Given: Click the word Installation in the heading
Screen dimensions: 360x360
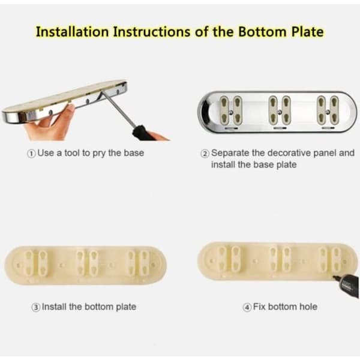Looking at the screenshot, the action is tap(73, 31).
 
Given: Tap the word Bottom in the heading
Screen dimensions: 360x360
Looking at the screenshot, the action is tap(262, 31).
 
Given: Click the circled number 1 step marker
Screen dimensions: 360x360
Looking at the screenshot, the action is tap(31, 154).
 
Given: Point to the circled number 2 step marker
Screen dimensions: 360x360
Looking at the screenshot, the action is tap(205, 154).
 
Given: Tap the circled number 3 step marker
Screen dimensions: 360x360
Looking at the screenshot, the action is tap(35, 307).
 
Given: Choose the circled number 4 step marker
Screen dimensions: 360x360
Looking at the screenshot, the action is tap(247, 307).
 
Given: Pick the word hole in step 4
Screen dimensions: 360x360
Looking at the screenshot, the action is tap(308, 307).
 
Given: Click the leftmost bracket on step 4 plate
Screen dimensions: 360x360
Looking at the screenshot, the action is tap(229, 257).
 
